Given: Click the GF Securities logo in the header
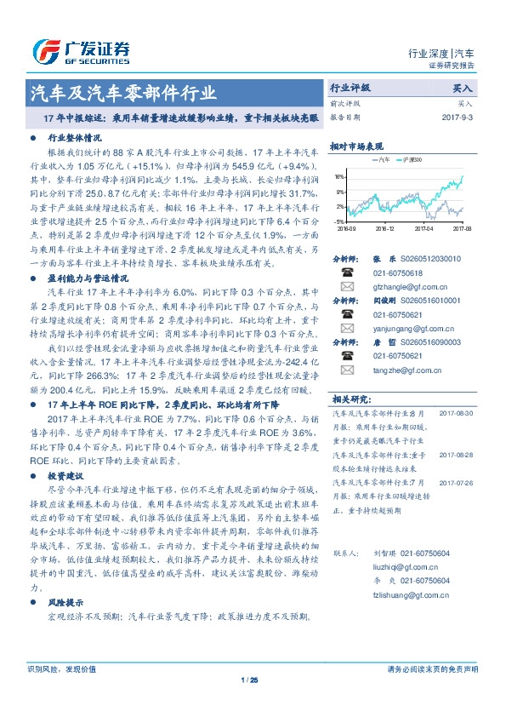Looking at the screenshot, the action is pos(80,50).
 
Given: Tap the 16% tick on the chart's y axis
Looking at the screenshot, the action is pos(338,177).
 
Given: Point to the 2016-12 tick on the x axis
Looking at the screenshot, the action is pos(384,228).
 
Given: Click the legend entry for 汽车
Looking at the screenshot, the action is pos(381,159).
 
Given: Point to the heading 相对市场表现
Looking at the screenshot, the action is pos(357,145).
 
